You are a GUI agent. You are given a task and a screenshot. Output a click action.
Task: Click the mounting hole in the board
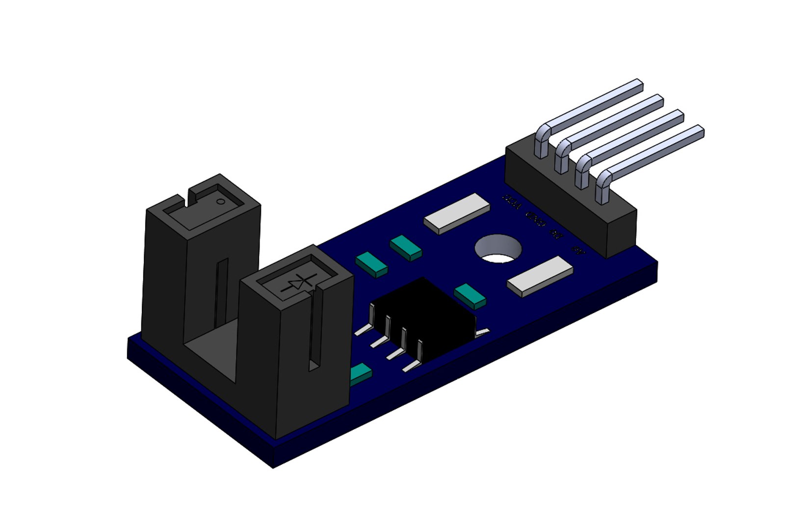tap(498, 249)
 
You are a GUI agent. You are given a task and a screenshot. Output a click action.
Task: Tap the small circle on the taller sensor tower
tap(221, 201)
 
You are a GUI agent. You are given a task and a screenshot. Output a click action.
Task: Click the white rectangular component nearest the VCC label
tap(457, 213)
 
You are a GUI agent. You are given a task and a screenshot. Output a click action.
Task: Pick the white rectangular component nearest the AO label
tap(540, 276)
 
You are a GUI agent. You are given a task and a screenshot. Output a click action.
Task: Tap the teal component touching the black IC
tap(470, 296)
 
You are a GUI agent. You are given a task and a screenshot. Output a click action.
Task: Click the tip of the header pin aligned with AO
tap(700, 131)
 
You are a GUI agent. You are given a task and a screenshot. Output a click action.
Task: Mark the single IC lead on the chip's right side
tap(483, 333)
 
